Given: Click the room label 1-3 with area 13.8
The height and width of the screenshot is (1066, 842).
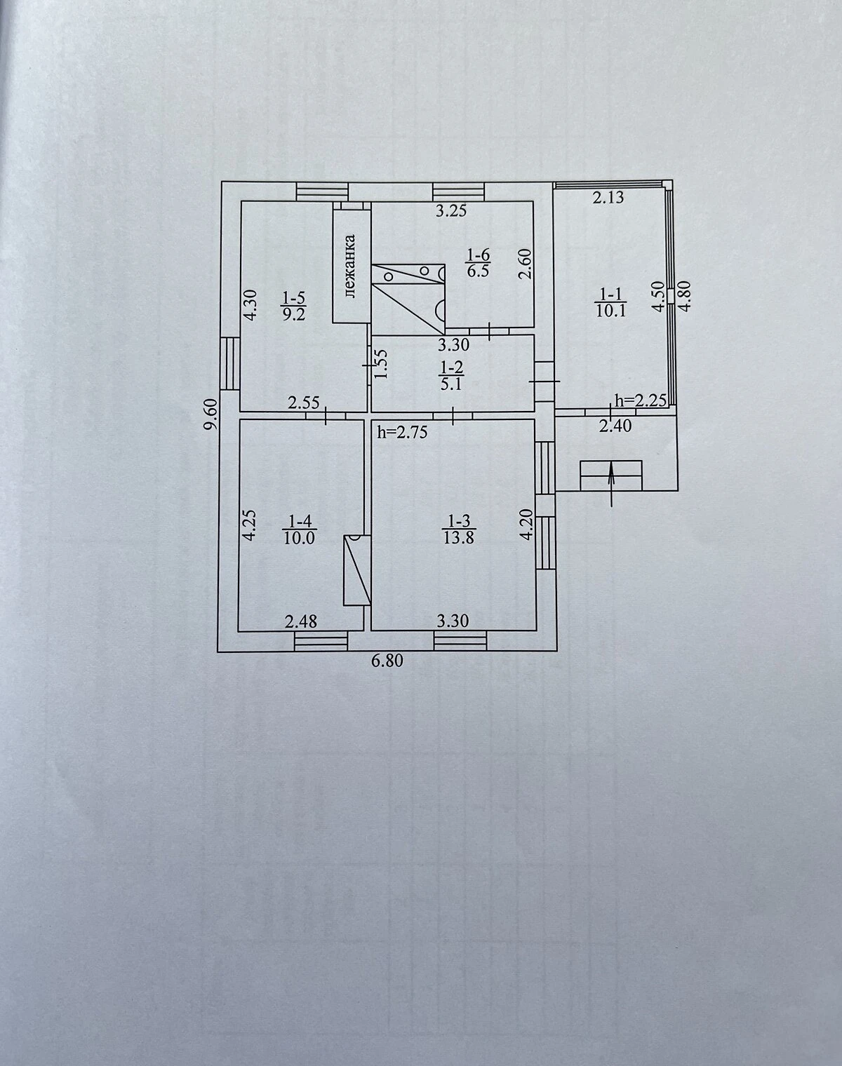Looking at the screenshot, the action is point(458,529).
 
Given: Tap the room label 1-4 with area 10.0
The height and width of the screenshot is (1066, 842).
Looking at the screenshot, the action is point(300,529).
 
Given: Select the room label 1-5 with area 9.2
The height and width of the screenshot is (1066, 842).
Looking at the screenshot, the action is point(293,306).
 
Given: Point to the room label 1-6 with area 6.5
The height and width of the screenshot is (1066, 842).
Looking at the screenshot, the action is point(478,263).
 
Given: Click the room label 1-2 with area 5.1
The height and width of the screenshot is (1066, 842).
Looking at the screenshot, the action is point(451,375).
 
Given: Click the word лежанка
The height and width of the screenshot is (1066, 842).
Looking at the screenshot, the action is point(350,266).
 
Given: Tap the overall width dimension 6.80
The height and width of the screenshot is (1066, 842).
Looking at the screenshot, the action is point(387,661).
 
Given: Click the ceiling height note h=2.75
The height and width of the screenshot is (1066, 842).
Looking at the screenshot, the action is point(402,433).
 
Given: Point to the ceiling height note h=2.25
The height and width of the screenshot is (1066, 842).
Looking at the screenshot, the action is point(641,400).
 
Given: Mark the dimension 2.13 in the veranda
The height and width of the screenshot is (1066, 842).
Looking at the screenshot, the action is point(608,198).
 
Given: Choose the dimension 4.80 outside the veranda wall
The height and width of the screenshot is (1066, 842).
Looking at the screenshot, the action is point(686,296).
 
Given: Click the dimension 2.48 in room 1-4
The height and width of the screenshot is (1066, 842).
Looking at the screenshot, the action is point(301,621).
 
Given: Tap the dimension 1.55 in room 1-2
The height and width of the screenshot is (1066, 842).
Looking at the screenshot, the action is point(381,365).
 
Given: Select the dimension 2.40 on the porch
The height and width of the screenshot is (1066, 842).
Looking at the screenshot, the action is point(615,425).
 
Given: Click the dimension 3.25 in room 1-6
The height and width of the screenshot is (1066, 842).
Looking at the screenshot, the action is point(451,210).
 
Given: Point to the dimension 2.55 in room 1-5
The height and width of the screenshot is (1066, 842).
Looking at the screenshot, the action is point(304,403).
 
